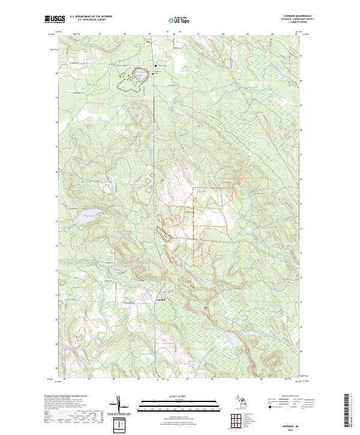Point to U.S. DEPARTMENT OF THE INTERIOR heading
[x=91, y=17]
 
